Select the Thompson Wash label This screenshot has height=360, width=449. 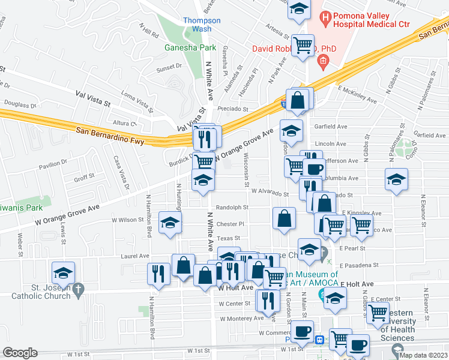pyautogui.click(x=202, y=25)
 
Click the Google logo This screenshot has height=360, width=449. pyautogui.click(x=20, y=353)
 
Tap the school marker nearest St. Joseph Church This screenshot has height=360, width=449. pyautogui.click(x=64, y=274)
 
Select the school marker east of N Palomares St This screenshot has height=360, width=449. pyautogui.click(x=396, y=179)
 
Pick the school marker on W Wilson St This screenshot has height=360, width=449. pyautogui.click(x=170, y=223)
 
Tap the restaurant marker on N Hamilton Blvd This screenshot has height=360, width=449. pyautogui.click(x=158, y=274)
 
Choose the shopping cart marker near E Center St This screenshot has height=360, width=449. pyautogui.click(x=378, y=312)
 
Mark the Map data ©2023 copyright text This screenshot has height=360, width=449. pyautogui.click(x=423, y=355)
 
